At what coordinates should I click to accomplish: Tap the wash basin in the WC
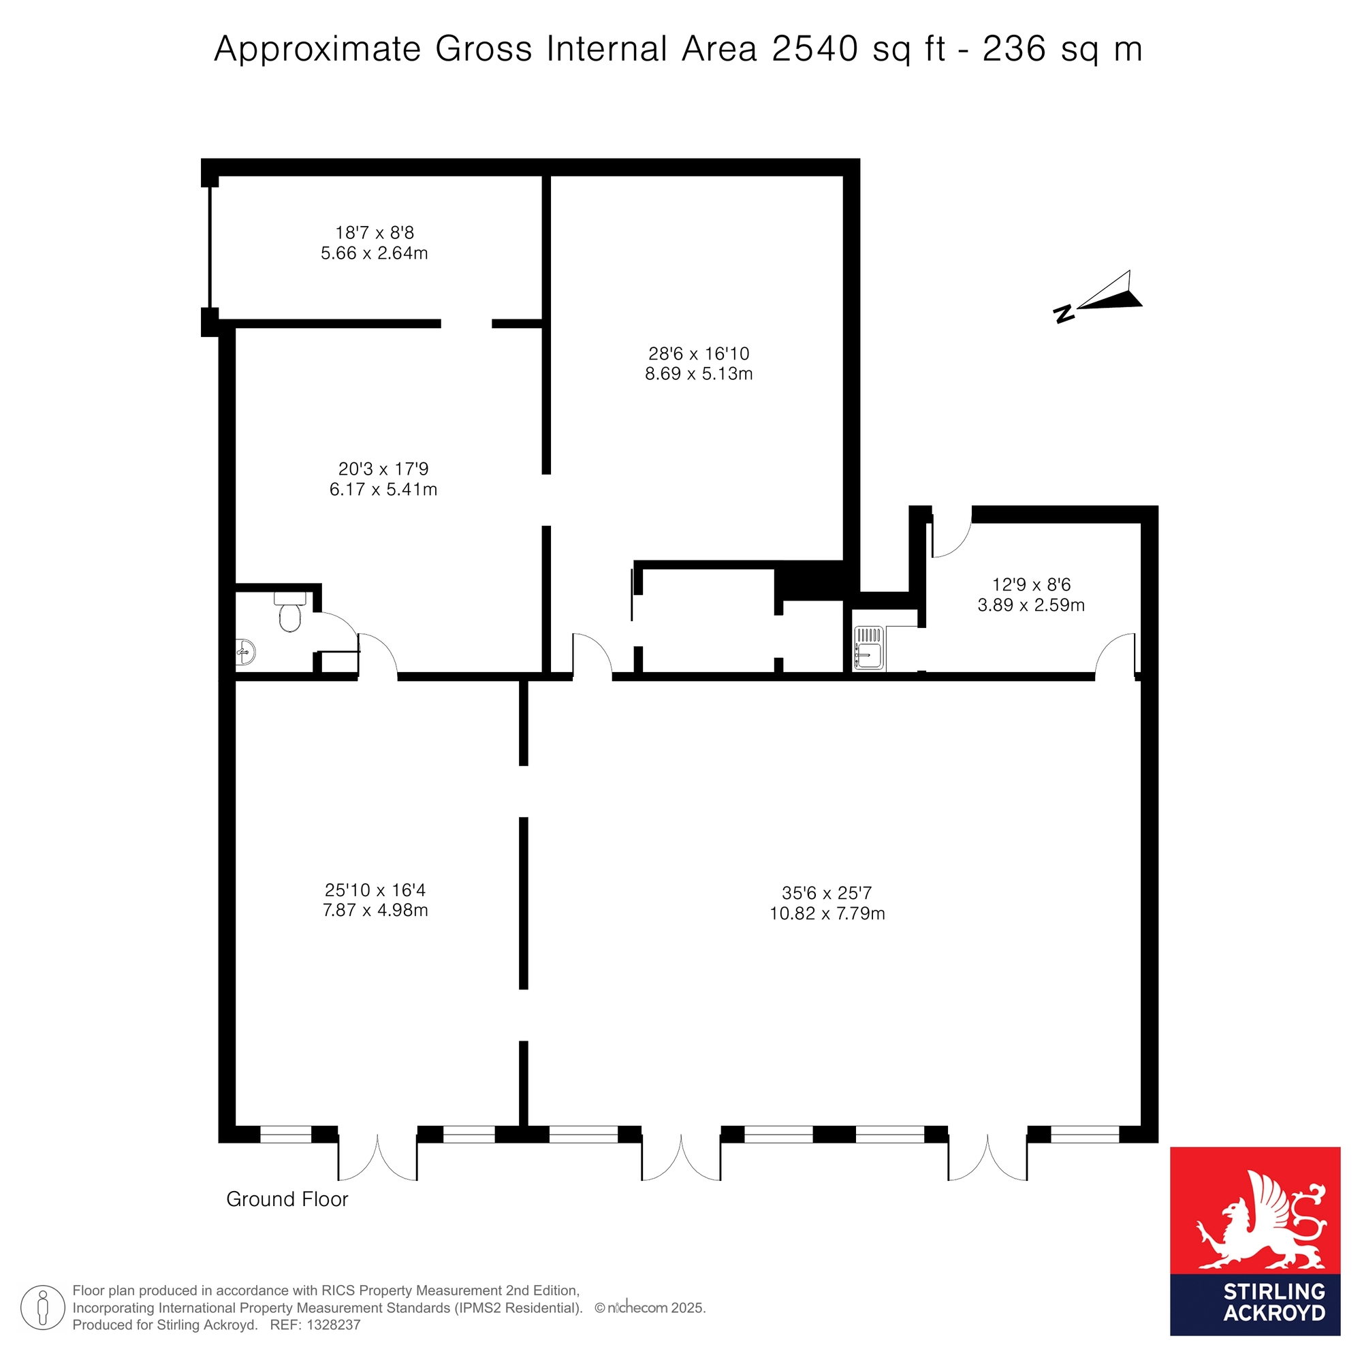tap(244, 652)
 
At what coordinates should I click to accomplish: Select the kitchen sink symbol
tap(868, 648)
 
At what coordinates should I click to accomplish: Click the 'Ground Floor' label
tap(287, 1199)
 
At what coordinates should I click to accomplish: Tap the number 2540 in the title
tap(815, 49)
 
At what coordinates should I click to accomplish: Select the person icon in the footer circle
tap(43, 1308)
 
